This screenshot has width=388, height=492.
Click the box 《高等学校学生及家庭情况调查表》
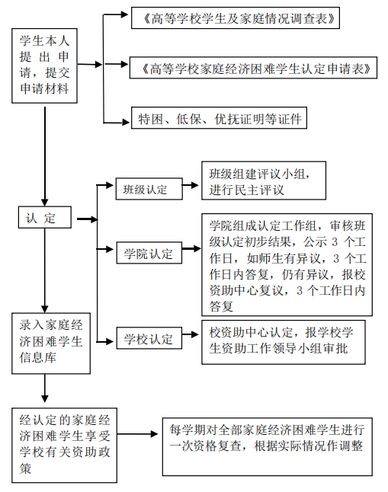236,18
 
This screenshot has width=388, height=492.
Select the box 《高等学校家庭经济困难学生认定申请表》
253,68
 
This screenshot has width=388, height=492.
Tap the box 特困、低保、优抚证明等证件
219,118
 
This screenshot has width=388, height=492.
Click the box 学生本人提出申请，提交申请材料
45,66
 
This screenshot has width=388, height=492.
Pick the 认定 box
45,217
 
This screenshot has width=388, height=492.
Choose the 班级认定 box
149,189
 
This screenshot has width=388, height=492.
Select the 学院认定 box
149,253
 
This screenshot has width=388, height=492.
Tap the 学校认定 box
149,338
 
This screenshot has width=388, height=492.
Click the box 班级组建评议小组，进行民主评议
264,181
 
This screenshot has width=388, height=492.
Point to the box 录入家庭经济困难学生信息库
51,343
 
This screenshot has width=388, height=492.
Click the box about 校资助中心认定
284,342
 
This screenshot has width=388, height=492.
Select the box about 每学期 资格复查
268,446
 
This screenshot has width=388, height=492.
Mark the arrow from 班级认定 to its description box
191,185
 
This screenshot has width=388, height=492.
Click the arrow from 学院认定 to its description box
191,249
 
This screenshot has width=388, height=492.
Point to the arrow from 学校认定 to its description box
191,334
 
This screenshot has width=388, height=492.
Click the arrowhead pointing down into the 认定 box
45,203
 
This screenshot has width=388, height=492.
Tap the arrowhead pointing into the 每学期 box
154,434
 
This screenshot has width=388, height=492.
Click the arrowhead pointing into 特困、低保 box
126,122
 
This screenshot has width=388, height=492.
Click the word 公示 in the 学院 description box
315,241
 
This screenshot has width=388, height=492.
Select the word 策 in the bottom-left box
25,468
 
